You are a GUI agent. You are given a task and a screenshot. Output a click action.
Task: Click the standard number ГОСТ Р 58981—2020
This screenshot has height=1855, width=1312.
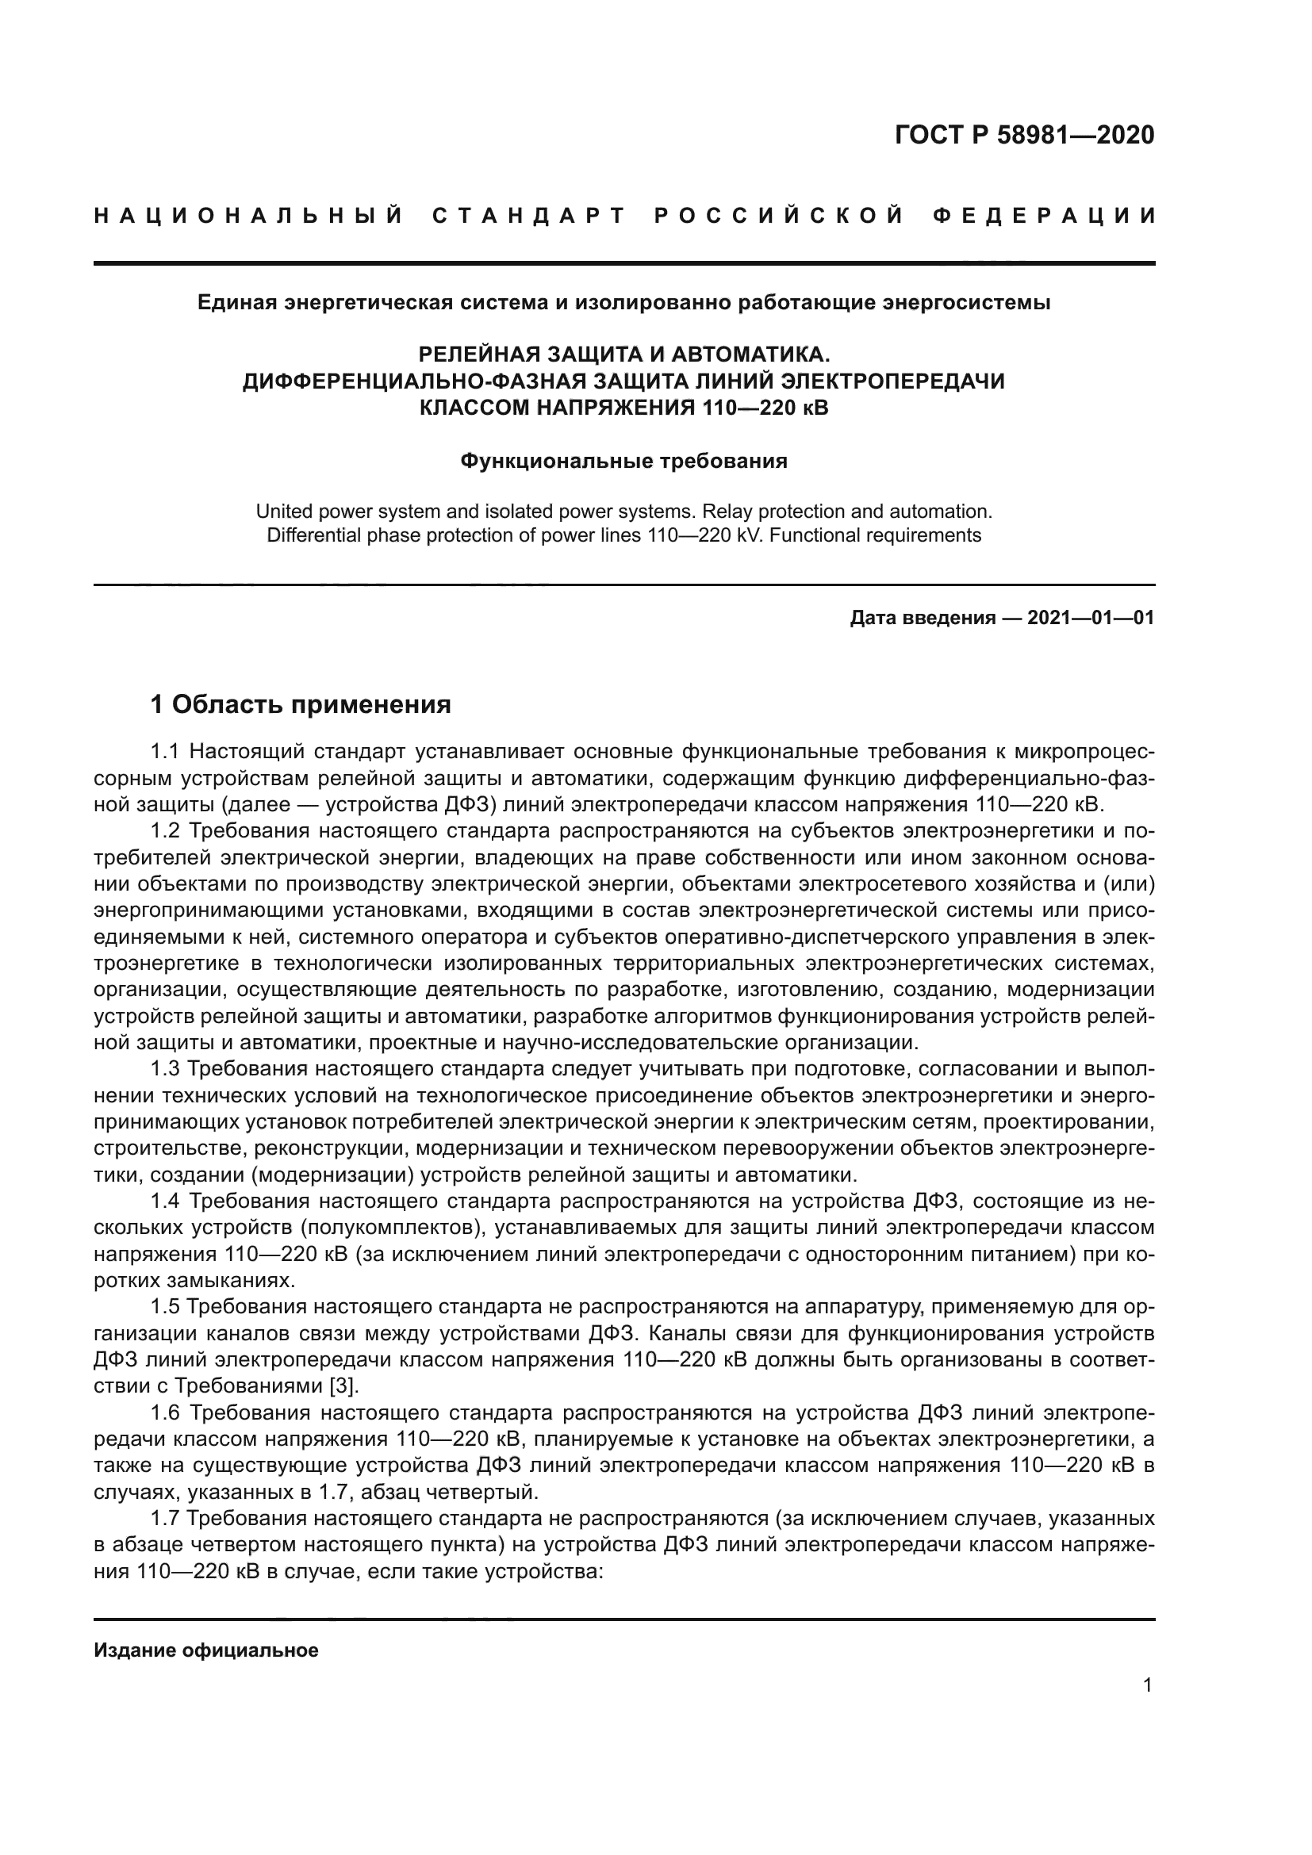[x=1024, y=136]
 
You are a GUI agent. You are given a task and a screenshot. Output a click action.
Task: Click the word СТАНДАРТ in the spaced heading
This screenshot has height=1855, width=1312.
[x=529, y=216]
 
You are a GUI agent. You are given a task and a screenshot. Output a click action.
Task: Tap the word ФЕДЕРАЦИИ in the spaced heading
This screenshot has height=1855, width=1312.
[x=1044, y=216]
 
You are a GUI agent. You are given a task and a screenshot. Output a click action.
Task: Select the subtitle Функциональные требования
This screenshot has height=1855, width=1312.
[x=623, y=462]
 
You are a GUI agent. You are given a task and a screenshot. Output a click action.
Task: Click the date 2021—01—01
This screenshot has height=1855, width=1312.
[x=1091, y=618]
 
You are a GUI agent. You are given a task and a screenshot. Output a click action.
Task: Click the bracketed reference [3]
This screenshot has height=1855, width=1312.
[x=343, y=1386]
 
